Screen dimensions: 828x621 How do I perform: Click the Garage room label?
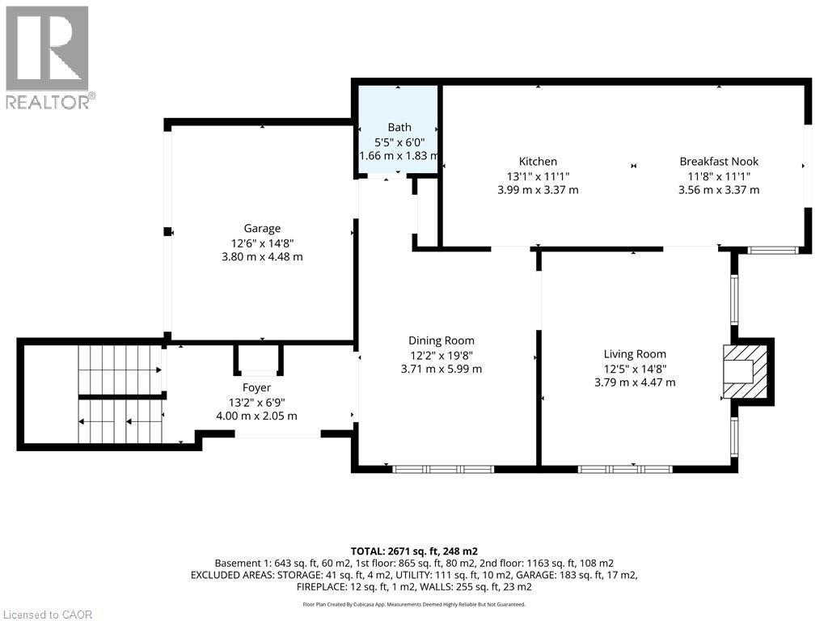(262, 229)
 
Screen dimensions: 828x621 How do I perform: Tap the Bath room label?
(399, 127)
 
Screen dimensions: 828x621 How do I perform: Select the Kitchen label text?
(538, 162)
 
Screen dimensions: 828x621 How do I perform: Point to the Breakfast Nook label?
(719, 162)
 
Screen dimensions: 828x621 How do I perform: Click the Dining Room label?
(441, 341)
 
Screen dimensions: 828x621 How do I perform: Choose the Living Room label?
(635, 354)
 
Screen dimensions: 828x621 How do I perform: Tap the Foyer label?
(256, 388)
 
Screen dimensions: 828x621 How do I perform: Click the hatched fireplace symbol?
(745, 371)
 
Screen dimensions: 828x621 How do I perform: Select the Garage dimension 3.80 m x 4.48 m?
(262, 257)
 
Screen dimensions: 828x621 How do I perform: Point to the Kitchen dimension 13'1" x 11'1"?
(538, 176)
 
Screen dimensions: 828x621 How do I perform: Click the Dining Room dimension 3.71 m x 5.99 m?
(441, 369)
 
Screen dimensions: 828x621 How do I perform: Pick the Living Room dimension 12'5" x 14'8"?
(635, 369)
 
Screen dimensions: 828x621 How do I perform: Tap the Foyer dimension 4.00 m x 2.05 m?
(256, 416)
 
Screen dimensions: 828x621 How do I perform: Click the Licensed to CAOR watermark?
(47, 615)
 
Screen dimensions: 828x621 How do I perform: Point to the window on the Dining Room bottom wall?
(444, 469)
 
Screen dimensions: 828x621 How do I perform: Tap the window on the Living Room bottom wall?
(625, 469)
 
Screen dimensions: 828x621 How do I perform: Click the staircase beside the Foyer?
(120, 394)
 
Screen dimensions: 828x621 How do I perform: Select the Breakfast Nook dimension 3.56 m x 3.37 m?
(719, 190)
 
